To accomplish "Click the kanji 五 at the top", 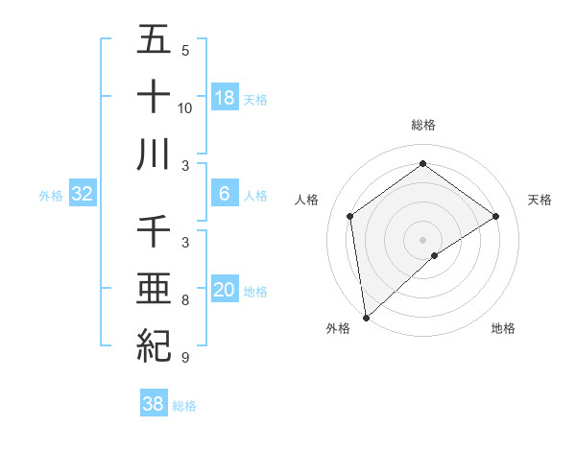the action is coord(154,40).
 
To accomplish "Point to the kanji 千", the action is coord(154,231).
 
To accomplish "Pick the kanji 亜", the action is coord(154,287).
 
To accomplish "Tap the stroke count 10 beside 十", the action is coord(185,107).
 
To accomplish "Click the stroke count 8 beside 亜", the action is coord(185,300).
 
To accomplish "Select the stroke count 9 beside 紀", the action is coord(185,357).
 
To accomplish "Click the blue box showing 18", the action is coord(225,98).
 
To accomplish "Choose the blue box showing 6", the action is coord(225,194).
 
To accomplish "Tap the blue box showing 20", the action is coord(225,290).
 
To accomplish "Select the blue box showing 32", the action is coord(83,194).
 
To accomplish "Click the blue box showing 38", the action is coord(153,404).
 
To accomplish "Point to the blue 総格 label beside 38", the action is coord(184,406).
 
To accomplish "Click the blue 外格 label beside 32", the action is coord(51,196).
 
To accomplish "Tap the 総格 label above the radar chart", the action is coord(423,125).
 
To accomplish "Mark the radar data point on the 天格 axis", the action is coord(496,216).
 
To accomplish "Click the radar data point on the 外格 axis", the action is coord(366,317).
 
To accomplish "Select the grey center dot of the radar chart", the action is coord(423,238).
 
